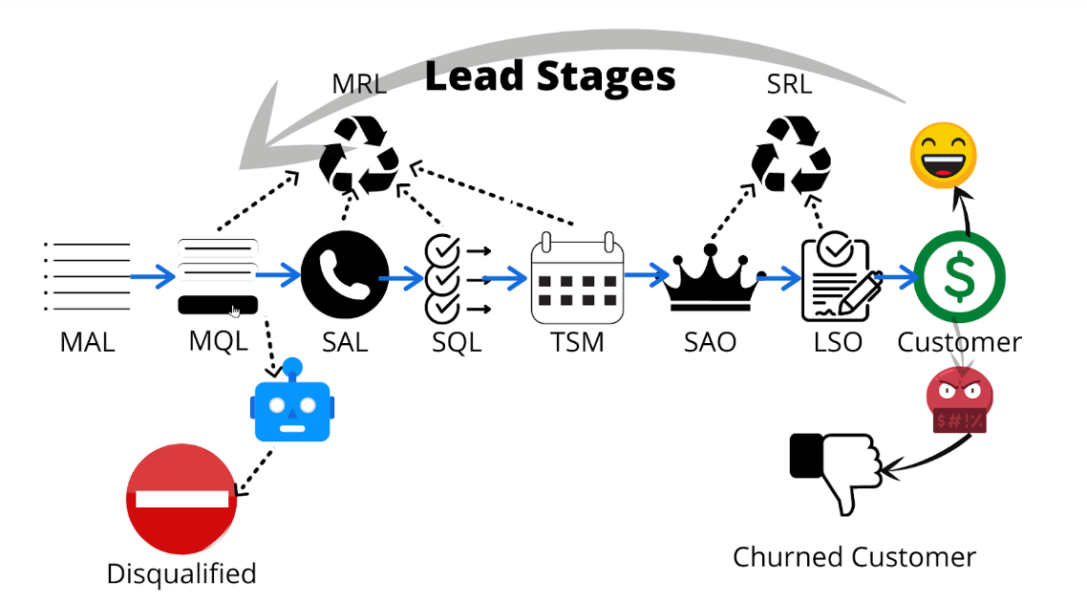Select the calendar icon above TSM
tap(577, 278)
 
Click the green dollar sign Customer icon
tap(959, 276)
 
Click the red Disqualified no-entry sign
tap(181, 498)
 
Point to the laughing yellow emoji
tap(944, 155)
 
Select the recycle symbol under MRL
tap(358, 154)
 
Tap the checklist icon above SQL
tap(444, 278)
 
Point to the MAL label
tap(87, 341)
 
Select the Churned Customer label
tap(854, 557)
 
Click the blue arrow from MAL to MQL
tap(153, 277)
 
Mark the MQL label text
tap(218, 341)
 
